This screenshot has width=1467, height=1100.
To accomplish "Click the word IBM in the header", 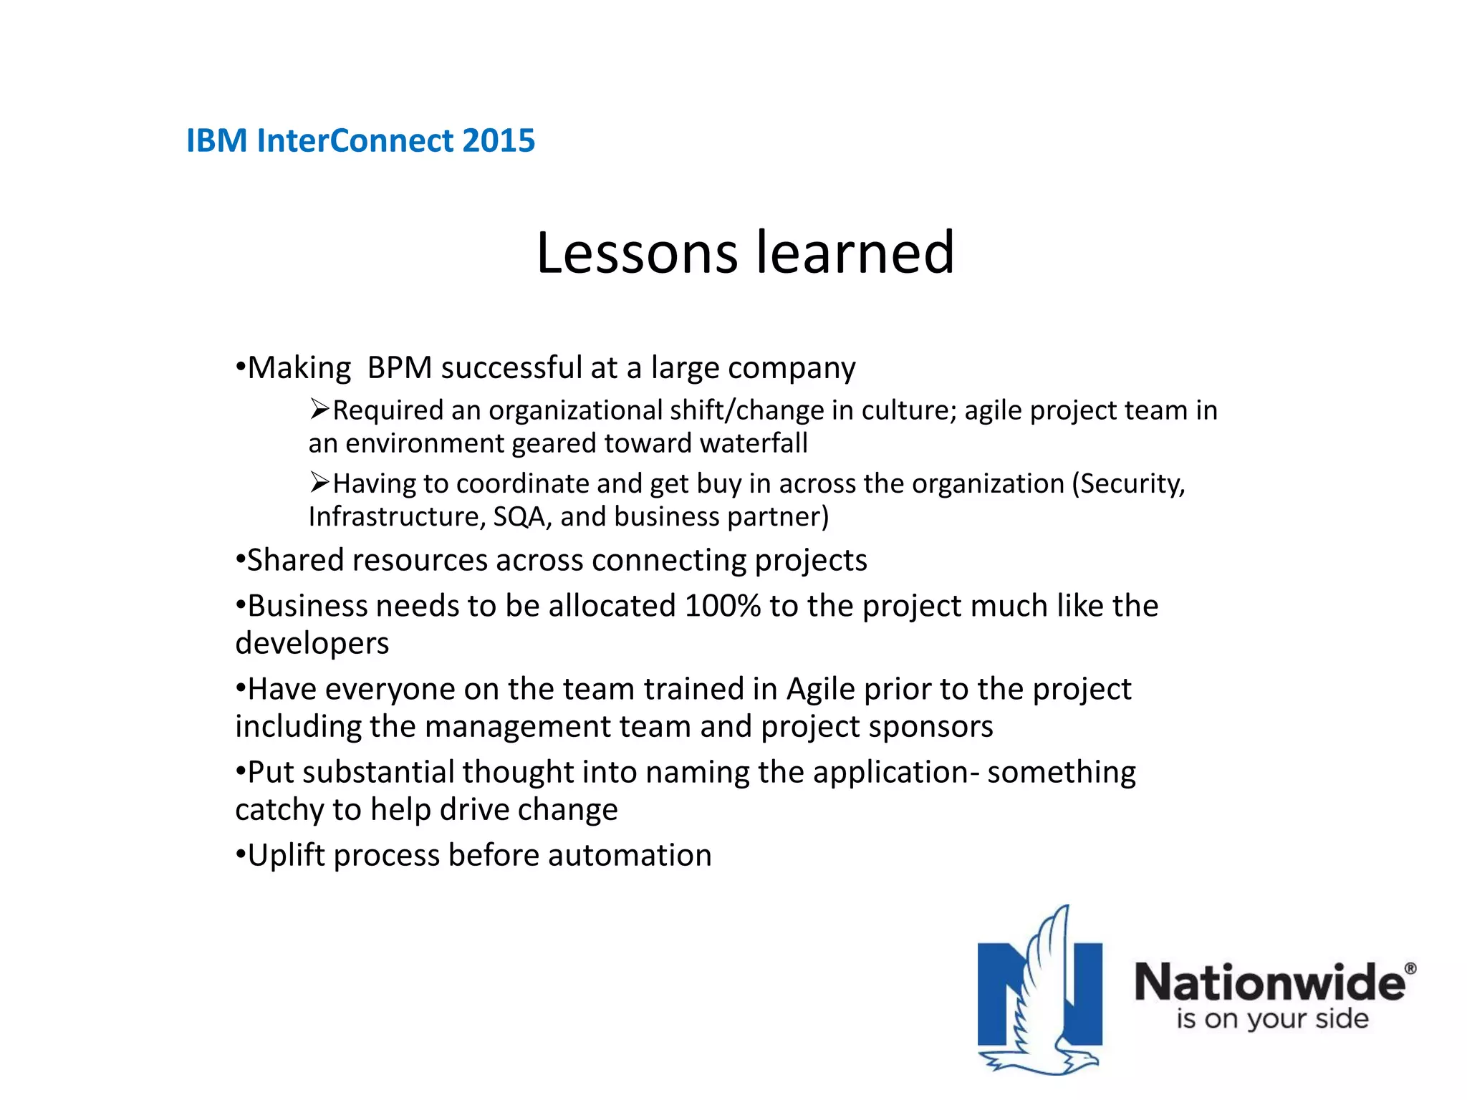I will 217,140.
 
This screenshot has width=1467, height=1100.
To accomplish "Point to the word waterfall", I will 754,443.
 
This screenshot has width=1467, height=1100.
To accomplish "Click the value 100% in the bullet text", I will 722,606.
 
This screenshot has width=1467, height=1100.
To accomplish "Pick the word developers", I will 312,644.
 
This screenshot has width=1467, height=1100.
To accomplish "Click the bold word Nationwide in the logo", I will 1269,982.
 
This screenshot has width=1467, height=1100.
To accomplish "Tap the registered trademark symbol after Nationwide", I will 1410,968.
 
